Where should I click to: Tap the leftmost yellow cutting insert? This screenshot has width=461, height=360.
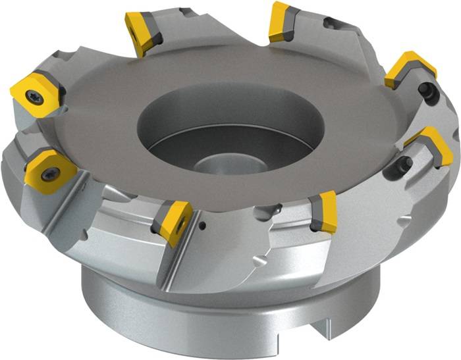[x=34, y=94]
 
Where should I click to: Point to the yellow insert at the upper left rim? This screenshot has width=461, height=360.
[x=142, y=32]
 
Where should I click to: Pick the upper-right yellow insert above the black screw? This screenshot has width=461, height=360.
[x=408, y=68]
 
